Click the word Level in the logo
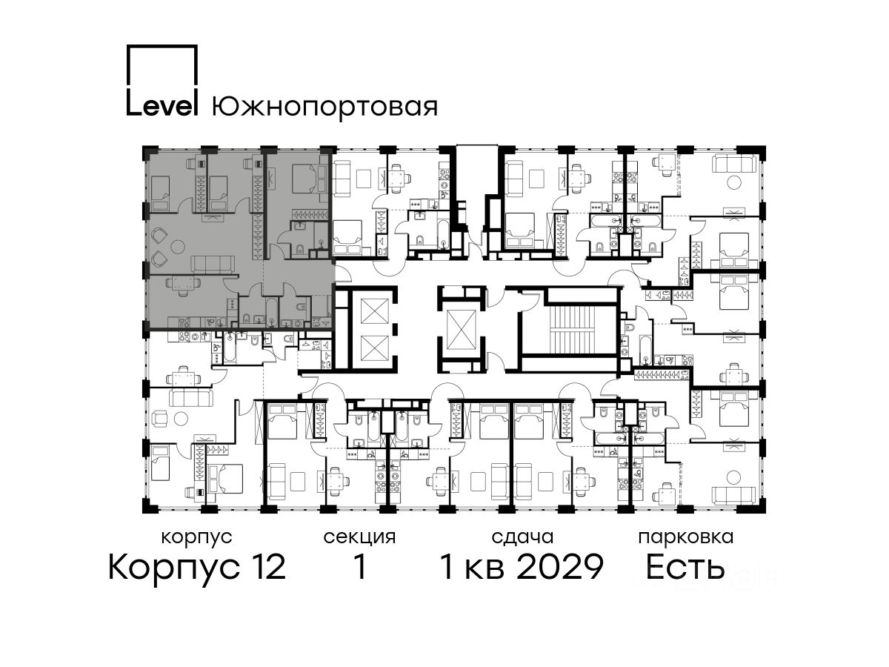click(162, 107)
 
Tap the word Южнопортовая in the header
click(324, 108)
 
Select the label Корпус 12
click(197, 567)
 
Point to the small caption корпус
click(197, 538)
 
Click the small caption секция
click(359, 538)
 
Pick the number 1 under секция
click(359, 567)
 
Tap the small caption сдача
click(522, 537)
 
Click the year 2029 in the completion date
click(561, 567)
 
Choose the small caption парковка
click(686, 538)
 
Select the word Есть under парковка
click(685, 567)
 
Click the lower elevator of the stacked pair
click(375, 348)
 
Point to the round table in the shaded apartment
click(178, 246)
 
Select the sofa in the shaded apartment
click(213, 265)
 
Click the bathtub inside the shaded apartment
click(272, 312)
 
